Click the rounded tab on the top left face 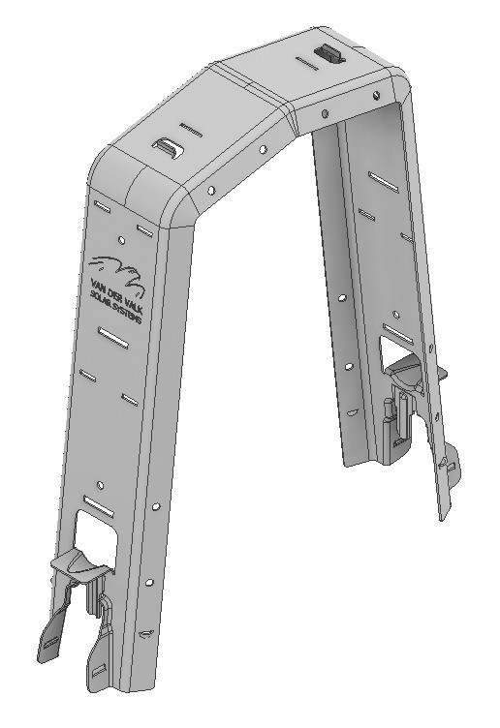click(169, 148)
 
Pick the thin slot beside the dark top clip click(306, 66)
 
